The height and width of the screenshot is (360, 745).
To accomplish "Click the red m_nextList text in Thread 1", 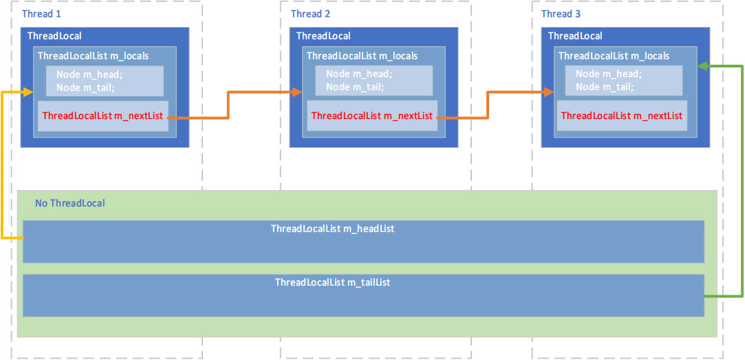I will pyautogui.click(x=102, y=116).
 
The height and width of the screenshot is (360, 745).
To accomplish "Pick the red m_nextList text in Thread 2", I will pyautogui.click(x=371, y=116).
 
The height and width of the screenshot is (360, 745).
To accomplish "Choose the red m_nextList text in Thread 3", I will pyautogui.click(x=621, y=116).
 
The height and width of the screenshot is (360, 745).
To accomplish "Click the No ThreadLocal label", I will pyautogui.click(x=70, y=203).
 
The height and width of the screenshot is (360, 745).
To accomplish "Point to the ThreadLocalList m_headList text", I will pyautogui.click(x=332, y=229).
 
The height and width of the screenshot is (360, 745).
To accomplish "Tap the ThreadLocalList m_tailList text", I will pyautogui.click(x=332, y=282).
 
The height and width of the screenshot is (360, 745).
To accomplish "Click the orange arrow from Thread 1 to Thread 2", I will pyautogui.click(x=228, y=105).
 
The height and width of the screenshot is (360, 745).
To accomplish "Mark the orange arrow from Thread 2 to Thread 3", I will pyautogui.click(x=488, y=105).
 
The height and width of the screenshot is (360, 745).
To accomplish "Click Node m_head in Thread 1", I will pyautogui.click(x=89, y=74).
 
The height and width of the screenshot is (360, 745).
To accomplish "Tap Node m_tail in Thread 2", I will pyautogui.click(x=355, y=87).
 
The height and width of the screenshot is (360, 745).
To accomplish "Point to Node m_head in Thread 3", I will pyautogui.click(x=608, y=74).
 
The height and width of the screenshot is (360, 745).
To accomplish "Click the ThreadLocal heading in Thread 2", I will pyautogui.click(x=323, y=36).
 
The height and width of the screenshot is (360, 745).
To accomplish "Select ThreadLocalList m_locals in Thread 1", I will pyautogui.click(x=93, y=56).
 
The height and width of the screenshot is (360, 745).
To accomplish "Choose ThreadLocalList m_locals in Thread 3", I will pyautogui.click(x=614, y=56).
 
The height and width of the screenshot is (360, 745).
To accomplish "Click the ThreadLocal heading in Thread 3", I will pyautogui.click(x=574, y=36).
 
